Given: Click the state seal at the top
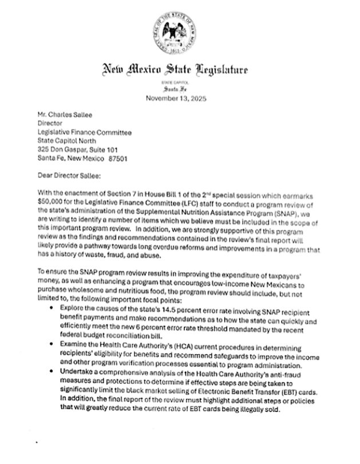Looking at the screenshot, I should click(x=180, y=31).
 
